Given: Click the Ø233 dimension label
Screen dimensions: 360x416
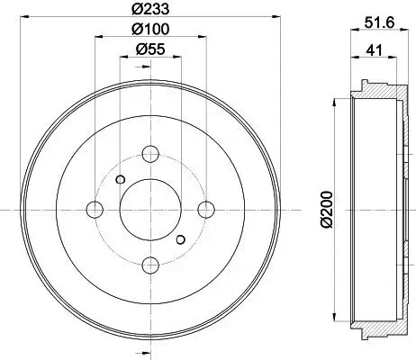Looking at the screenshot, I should pyautogui.click(x=149, y=10).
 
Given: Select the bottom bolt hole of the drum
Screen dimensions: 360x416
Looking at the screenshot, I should pyautogui.click(x=150, y=265).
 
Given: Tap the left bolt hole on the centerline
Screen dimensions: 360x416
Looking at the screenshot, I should pyautogui.click(x=95, y=209).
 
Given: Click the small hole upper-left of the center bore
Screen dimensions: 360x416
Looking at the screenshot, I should pyautogui.click(x=120, y=178).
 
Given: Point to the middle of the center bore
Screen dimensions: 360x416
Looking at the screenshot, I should pyautogui.click(x=150, y=209).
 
